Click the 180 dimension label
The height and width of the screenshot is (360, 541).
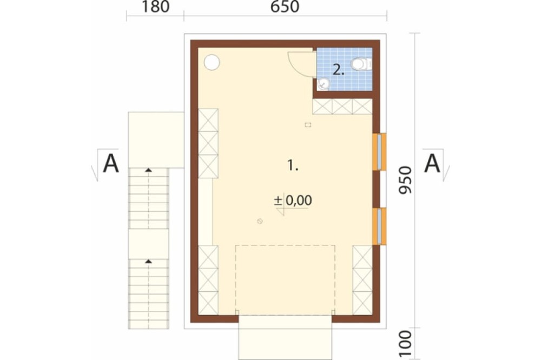coord(155,7)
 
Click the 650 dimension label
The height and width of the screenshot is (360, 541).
coord(285,7)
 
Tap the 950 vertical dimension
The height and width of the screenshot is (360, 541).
coord(405,180)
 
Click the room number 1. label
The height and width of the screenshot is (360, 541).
coord(293,166)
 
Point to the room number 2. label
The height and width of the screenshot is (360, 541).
coord(339,70)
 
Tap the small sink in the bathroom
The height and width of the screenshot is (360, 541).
coord(324,84)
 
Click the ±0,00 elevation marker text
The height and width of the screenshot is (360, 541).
coord(293,201)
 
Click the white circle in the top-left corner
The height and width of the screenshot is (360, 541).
coord(212,63)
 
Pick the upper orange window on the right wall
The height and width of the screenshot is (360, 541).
coord(379,152)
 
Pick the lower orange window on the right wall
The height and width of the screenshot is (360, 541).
coord(379,226)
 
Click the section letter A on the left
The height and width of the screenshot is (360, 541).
coord(111,163)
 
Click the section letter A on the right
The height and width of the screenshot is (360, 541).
coord(432,163)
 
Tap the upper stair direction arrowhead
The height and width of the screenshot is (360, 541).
coord(148,170)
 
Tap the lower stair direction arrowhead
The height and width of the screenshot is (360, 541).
coord(148,262)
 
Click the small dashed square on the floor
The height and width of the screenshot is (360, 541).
coord(308,125)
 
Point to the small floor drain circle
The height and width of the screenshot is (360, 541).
coord(260,221)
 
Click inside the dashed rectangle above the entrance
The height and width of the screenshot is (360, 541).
coord(285,279)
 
